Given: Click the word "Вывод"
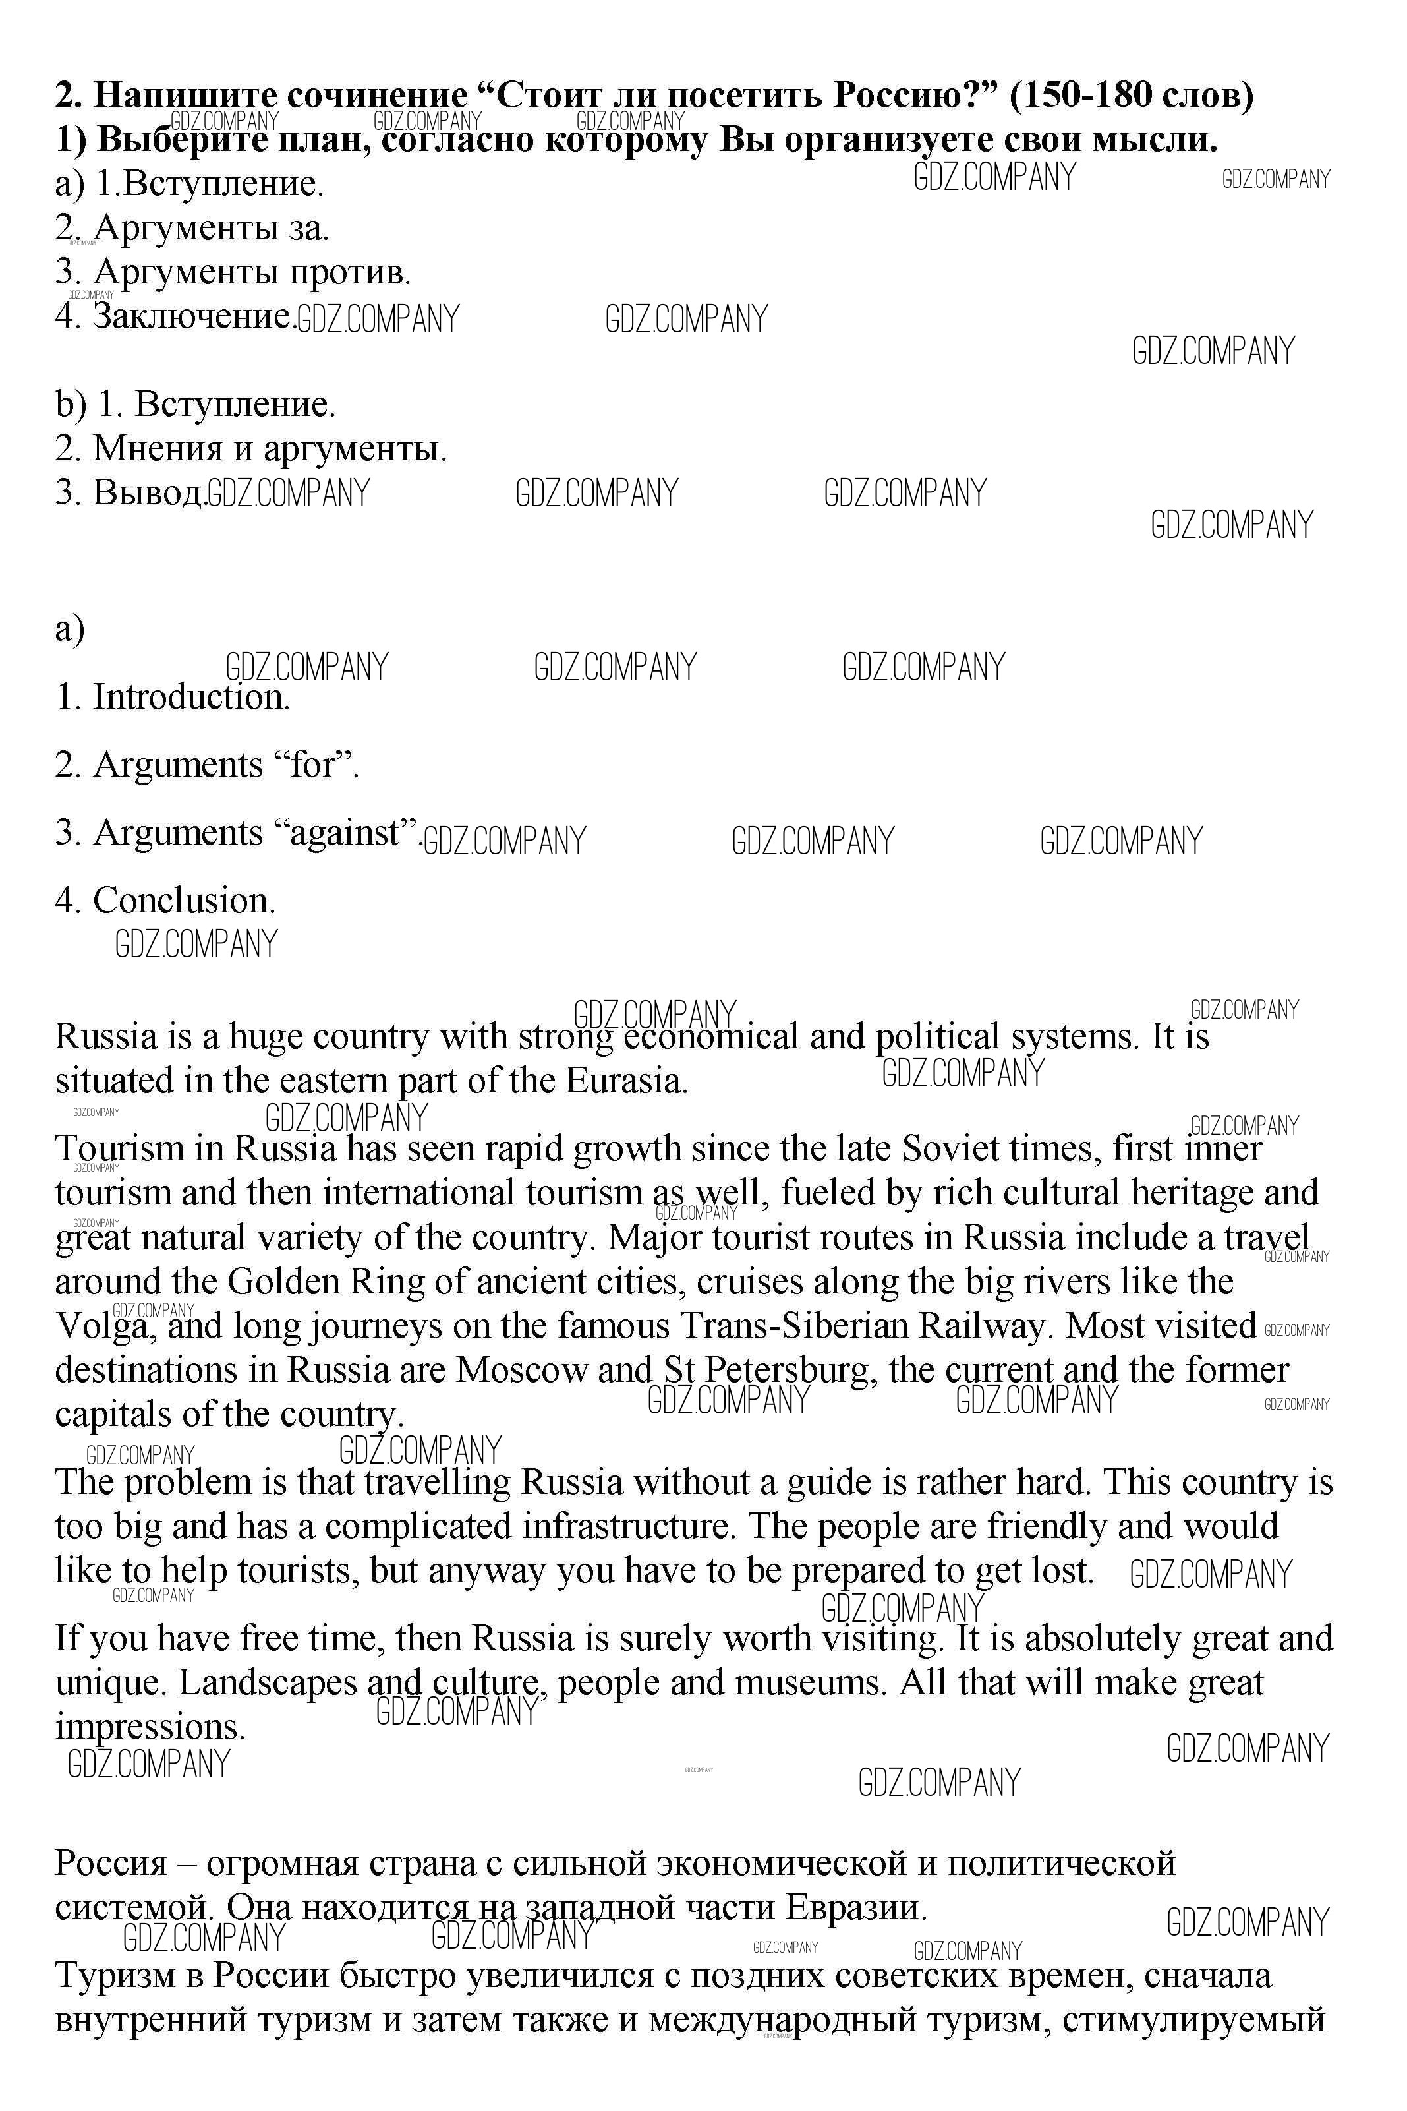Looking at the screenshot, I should click(148, 492).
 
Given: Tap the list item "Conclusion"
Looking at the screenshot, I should click(184, 900).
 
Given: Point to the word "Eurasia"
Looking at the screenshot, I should click(625, 1081).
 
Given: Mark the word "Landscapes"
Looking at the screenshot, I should click(268, 1683).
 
